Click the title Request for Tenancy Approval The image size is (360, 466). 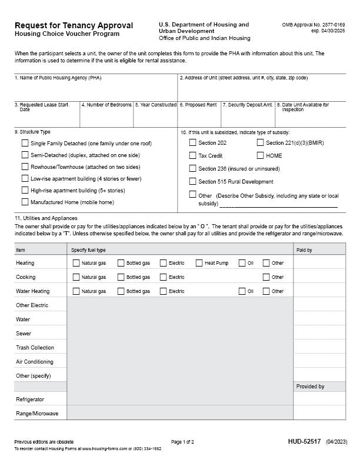pos(74,25)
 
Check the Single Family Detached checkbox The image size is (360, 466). pos(25,143)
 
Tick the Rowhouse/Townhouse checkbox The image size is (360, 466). pos(25,167)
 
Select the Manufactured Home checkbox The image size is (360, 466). pos(25,202)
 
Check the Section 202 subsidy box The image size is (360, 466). pos(192,142)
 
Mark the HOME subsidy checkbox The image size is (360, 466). pos(260,155)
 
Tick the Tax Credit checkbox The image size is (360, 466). pos(192,155)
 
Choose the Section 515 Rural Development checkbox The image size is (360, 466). pos(192,181)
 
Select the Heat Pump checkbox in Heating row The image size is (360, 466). pos(199,263)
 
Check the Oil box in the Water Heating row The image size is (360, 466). pos(242,291)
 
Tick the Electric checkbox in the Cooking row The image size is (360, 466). pos(163,277)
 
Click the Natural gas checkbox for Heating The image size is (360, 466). pos(76,263)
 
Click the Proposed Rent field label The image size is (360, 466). pos(198,105)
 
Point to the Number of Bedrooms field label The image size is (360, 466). pos(106,105)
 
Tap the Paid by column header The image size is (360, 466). pos(304,250)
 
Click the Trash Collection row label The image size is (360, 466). pos(35,348)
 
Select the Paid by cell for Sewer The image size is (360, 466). pos(319,334)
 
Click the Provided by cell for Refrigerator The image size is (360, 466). pos(319,400)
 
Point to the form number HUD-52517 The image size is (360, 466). pos(304,441)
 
